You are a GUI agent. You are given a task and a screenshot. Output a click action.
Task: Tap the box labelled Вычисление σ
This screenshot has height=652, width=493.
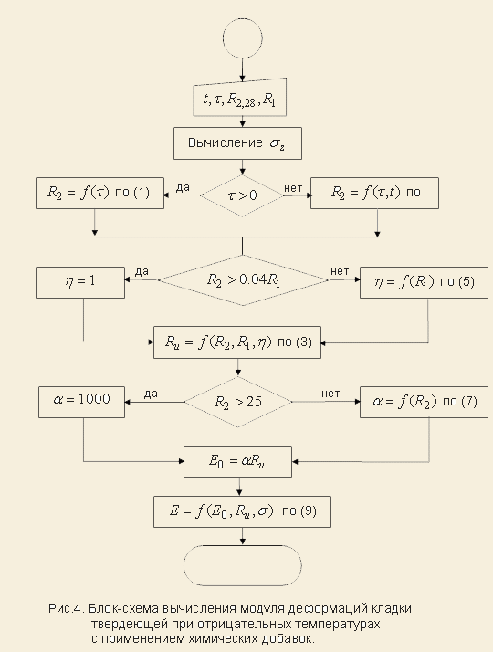coord(237,143)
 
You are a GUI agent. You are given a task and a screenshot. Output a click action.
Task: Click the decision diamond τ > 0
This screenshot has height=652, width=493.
coord(242,195)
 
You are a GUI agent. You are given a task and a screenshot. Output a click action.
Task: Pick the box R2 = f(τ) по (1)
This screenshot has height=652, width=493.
coord(100,193)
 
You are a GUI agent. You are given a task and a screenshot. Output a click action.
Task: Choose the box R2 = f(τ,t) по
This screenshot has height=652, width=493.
coord(374,193)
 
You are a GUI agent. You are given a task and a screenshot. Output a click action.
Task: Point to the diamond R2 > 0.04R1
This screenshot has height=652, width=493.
coord(243,280)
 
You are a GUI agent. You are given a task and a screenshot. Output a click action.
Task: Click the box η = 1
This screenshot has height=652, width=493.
coord(80,283)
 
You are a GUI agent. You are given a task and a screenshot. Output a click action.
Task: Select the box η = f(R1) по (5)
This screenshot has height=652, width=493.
coord(424,283)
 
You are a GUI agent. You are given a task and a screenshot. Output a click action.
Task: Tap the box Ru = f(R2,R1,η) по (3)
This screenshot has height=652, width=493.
coord(237,342)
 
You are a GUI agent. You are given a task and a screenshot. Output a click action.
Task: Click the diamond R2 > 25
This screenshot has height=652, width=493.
coord(238,402)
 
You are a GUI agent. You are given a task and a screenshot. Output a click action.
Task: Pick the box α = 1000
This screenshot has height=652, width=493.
coord(81,402)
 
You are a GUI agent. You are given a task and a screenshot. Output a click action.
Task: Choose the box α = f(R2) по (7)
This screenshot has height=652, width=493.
coord(424,402)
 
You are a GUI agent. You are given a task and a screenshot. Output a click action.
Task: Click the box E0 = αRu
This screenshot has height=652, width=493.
coord(237,461)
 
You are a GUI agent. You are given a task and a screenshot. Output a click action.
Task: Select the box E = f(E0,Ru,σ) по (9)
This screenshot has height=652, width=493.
coord(242,512)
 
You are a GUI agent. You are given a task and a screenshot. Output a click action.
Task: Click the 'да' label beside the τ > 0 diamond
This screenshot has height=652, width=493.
coord(183,188)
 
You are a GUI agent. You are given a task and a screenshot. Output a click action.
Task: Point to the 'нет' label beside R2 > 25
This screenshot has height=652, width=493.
coord(330,394)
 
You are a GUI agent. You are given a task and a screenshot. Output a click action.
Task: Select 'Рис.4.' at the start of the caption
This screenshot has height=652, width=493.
coord(67,609)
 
